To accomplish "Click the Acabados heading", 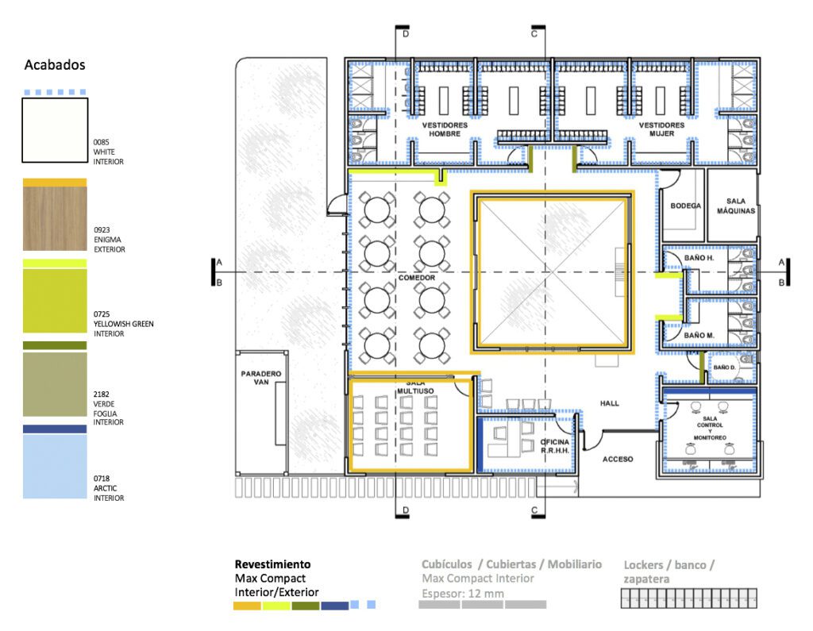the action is pos(55,65).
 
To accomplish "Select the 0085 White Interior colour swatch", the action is pos(55,130).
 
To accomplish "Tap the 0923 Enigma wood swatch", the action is pos(55,218).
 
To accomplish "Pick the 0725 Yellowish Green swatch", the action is pos(55,301).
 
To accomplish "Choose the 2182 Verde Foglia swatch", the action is pos(55,384).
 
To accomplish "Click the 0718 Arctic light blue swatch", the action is pos(55,467).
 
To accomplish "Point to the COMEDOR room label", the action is pos(417,278).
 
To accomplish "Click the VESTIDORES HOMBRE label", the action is pos(445,129).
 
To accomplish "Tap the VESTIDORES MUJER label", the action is pos(661,129).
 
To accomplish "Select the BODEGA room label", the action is pos(685,206).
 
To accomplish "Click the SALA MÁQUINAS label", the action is pos(736,206).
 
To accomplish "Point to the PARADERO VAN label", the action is pos(261,378).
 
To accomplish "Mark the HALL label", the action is pos(610,403).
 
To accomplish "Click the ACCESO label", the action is pos(618,460).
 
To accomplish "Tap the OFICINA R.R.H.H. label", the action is pos(555,446).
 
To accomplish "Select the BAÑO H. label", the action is pos(699,258).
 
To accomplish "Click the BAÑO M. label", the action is pos(699,336).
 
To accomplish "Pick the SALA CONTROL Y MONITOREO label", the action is pos(710,429).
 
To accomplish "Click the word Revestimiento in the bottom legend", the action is pos(273,564).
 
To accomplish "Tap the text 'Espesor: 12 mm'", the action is pos(463,594).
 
